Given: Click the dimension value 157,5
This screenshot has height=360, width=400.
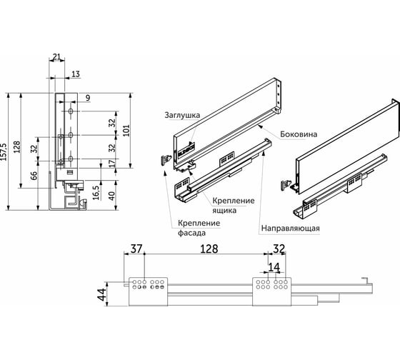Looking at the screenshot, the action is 4,152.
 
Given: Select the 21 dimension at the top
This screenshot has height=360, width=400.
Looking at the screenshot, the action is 56,56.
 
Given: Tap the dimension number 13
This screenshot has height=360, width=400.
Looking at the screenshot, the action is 76,74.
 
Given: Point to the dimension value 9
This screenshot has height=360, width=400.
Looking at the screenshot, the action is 88,98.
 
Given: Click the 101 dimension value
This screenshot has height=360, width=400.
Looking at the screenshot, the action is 126,131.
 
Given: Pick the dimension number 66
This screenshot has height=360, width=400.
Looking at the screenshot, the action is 34,176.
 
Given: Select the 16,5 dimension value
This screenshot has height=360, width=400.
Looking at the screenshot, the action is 96,193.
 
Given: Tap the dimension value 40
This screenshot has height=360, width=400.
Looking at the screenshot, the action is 111,196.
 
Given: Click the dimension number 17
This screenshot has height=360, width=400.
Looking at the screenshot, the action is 112,163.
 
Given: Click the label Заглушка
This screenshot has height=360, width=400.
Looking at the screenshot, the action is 182,115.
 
